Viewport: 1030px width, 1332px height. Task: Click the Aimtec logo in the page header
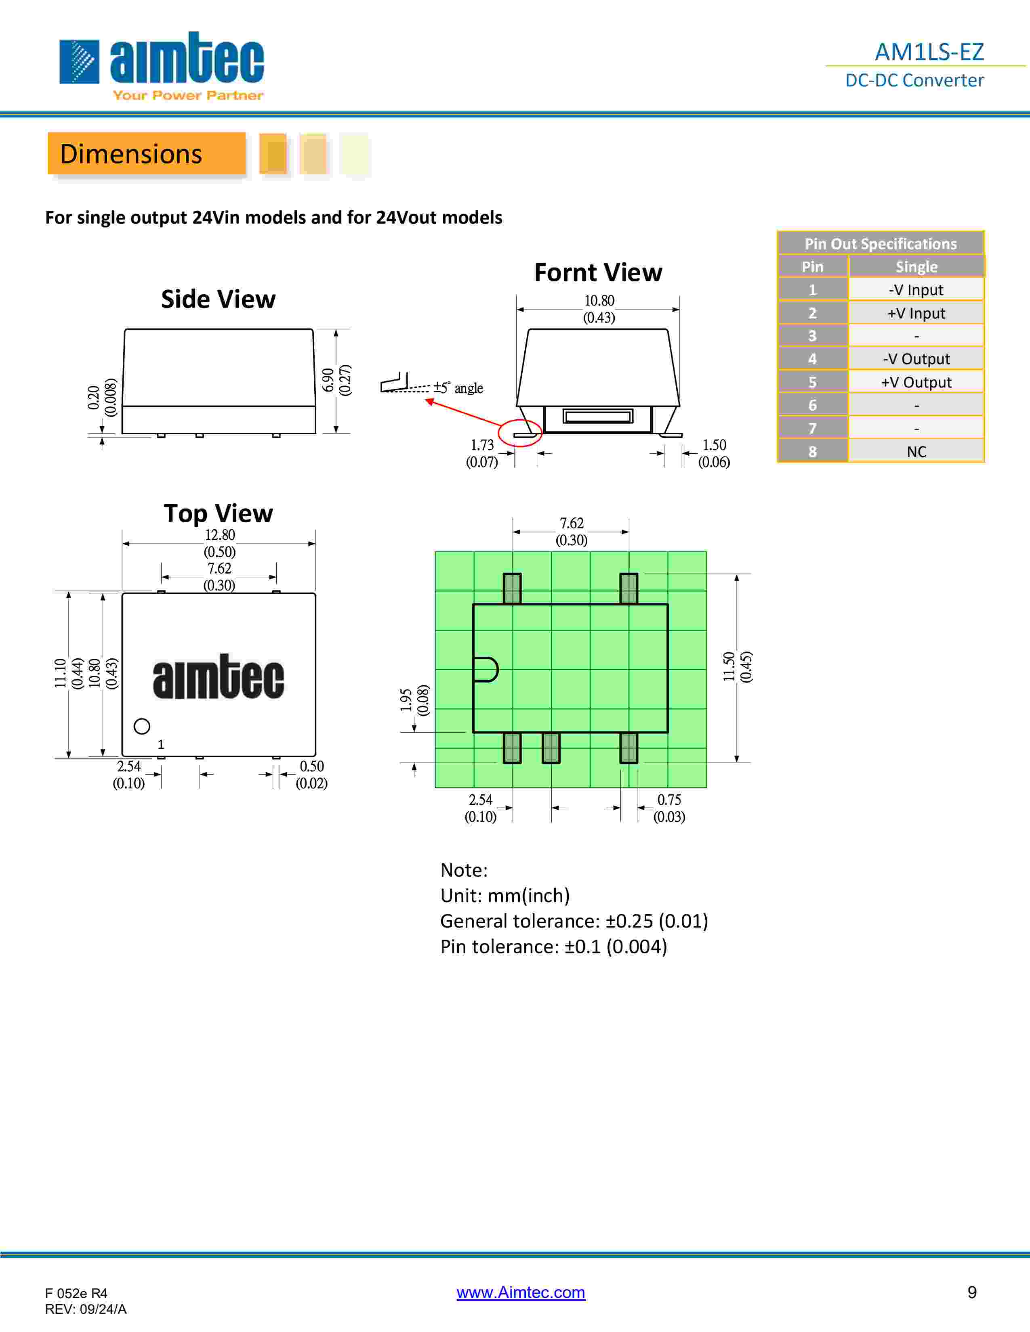click(162, 66)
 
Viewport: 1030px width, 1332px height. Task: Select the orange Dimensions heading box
click(147, 154)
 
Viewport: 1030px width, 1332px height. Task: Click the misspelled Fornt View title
click(598, 272)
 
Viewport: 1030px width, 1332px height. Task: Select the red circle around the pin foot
click(520, 434)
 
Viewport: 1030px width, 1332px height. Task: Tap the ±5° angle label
click(458, 388)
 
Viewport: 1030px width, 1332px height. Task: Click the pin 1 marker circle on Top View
click(141, 727)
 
